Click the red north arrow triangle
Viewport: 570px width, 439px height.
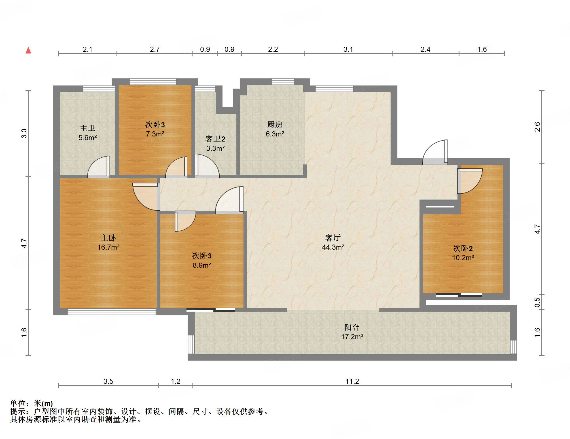point(28,50)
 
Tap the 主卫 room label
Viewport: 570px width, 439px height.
point(88,128)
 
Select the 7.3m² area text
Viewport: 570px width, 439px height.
point(155,134)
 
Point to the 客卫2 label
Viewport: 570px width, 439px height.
point(215,139)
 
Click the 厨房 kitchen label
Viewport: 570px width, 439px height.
point(275,125)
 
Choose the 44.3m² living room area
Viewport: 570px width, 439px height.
point(333,247)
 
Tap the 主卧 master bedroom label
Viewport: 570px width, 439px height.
point(108,238)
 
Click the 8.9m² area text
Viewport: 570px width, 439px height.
point(202,265)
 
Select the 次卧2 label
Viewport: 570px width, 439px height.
point(463,249)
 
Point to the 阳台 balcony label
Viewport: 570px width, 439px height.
point(352,327)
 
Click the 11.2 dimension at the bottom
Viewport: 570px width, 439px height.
point(352,381)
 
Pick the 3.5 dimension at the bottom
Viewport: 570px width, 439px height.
point(108,381)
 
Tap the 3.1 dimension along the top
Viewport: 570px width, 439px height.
point(348,49)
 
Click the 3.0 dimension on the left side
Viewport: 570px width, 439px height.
point(24,133)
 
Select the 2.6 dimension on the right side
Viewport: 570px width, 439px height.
point(537,127)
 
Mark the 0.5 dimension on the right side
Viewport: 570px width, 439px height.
point(537,302)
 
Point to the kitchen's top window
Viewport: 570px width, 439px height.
point(283,82)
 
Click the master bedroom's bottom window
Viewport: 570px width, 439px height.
point(112,312)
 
